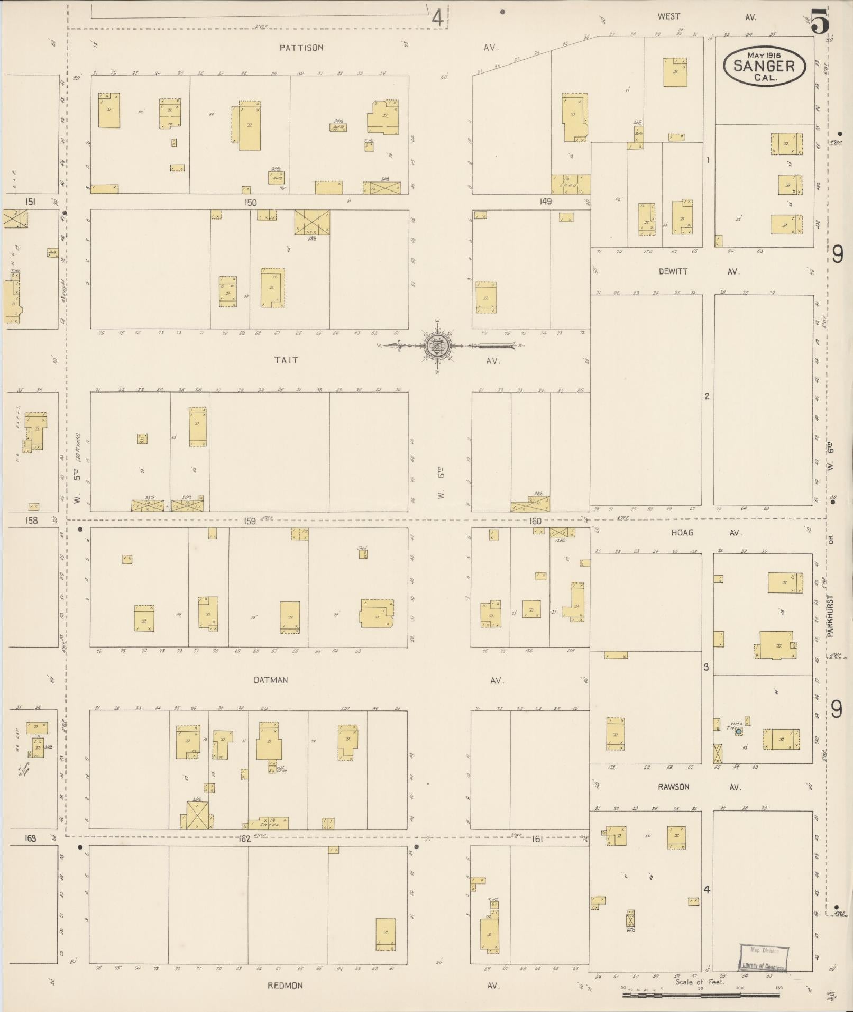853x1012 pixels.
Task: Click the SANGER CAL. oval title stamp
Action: tap(764, 66)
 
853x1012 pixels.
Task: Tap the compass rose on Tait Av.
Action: tap(438, 346)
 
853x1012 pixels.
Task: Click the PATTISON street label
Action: tap(301, 48)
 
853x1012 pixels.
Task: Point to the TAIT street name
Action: tap(286, 360)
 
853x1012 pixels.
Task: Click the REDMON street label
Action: tap(285, 985)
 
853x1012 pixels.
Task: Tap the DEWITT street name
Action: tap(673, 271)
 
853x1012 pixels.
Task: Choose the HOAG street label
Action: tap(682, 533)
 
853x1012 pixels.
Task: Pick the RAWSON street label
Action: tap(673, 787)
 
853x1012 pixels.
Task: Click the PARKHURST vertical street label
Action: tap(830, 616)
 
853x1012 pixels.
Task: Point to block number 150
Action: tap(250, 203)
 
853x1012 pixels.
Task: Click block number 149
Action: tap(545, 202)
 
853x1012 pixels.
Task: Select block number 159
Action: tap(250, 521)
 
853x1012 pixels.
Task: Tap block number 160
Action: tap(535, 522)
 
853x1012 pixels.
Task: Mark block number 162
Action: tap(244, 838)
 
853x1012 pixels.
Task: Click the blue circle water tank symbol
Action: tap(739, 731)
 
